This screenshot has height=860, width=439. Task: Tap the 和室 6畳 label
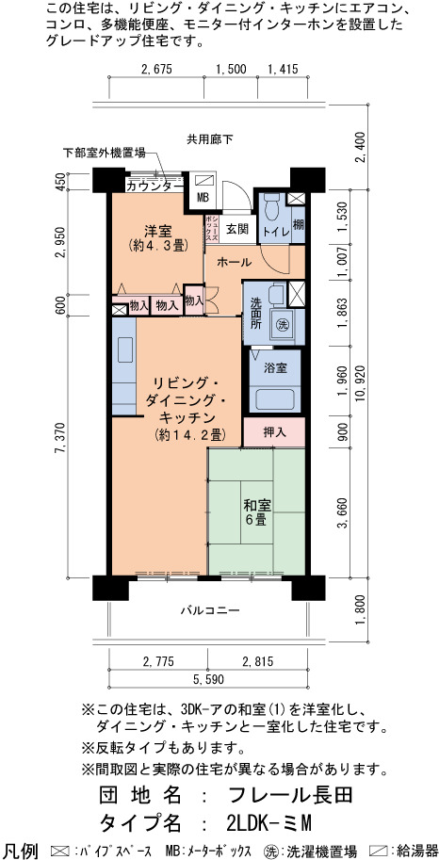coord(255,511)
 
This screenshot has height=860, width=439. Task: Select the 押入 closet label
coord(274,432)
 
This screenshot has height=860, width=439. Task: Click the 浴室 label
coord(274,368)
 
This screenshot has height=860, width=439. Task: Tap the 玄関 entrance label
coord(237,229)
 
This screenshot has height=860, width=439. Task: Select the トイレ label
coord(275,232)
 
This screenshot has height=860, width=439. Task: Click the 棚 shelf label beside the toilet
coord(298,224)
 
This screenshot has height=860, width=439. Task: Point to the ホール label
coord(235,263)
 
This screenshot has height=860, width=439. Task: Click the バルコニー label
coord(210,609)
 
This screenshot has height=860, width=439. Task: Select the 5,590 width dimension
coord(208,679)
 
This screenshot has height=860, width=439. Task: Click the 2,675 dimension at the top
coord(157,69)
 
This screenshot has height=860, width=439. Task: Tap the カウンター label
coord(154,187)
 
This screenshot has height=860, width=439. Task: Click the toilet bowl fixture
coord(270,207)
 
